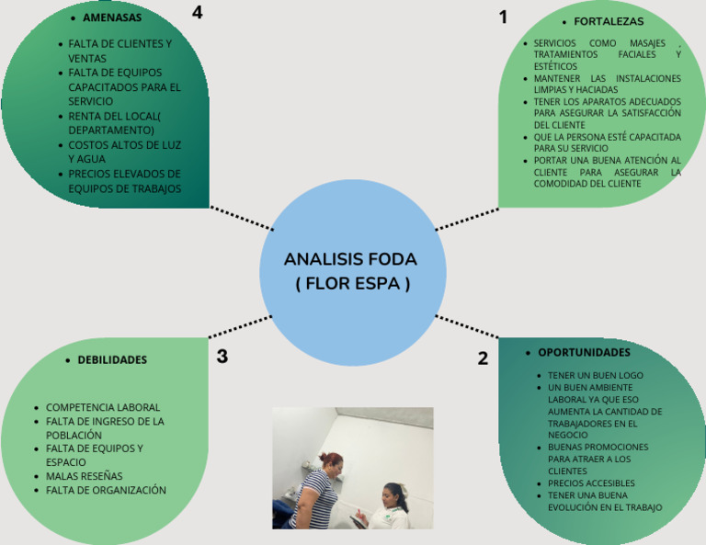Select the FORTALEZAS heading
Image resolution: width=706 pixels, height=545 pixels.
(609, 21)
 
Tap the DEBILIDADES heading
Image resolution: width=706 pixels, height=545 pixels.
(112, 360)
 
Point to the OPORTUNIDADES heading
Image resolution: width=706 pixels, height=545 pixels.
(584, 352)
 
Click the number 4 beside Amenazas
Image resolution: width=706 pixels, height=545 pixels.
(197, 12)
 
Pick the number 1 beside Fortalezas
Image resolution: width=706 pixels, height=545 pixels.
(503, 17)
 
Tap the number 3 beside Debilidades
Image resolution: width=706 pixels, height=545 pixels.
(222, 357)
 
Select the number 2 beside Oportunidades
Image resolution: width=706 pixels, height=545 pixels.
(483, 359)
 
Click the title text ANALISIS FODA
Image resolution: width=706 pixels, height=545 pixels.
(350, 259)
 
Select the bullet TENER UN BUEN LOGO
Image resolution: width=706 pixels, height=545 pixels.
(595, 376)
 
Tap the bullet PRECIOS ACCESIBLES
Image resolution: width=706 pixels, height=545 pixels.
(591, 483)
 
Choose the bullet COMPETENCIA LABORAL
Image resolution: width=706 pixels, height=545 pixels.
(103, 407)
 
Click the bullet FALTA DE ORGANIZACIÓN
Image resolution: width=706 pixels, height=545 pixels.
(106, 490)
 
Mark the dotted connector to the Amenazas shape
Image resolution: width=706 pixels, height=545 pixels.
(242, 218)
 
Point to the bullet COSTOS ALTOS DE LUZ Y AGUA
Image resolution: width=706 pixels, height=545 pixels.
(124, 152)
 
